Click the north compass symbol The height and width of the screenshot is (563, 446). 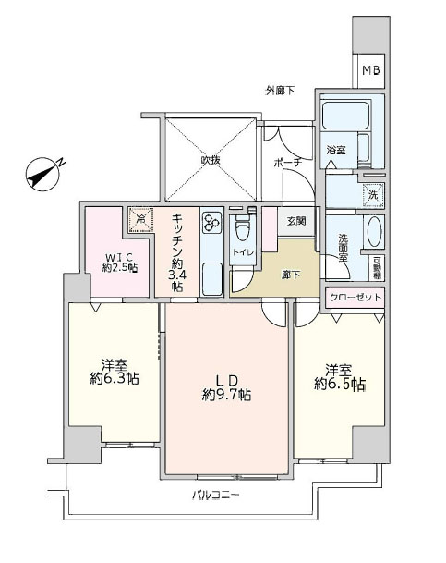point(43,174)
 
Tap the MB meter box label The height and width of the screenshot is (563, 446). point(370,70)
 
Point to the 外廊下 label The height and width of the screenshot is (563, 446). point(280,91)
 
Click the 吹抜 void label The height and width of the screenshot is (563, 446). point(211,160)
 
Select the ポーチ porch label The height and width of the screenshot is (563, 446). point(288,163)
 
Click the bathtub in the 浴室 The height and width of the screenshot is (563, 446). point(345,116)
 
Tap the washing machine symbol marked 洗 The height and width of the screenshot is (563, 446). point(373,196)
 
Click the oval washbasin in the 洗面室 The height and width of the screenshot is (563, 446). point(374,231)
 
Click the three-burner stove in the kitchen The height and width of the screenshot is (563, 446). point(211,223)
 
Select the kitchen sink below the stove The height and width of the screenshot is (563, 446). point(212,279)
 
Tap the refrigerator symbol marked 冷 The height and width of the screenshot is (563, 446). point(141,220)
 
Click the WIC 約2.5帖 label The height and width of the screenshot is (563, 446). point(120,263)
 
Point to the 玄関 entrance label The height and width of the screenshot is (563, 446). point(296,221)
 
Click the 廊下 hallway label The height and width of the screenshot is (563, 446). point(291,275)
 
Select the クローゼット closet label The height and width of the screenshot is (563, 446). point(355,298)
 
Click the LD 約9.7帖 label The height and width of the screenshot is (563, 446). point(226,387)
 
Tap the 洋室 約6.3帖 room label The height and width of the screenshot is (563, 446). point(115,372)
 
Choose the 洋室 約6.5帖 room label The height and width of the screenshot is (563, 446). point(340,377)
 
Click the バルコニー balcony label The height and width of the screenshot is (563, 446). point(215,496)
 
